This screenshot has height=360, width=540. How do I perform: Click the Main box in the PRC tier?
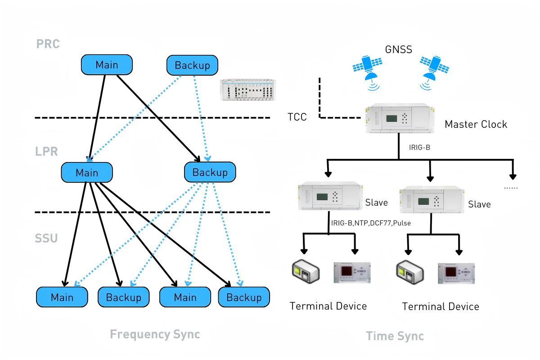(107, 65)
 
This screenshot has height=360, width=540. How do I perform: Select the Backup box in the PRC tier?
(192, 65)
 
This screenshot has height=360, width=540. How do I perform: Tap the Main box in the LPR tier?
(86, 173)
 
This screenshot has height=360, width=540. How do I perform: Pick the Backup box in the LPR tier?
(210, 172)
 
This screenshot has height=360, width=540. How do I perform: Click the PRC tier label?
(48, 44)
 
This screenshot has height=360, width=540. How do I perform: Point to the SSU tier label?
(47, 238)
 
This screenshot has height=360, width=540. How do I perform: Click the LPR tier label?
(47, 151)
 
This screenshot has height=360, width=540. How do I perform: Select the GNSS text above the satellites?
(398, 49)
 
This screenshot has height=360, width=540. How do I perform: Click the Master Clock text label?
(476, 124)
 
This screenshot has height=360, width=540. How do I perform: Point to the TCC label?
(297, 117)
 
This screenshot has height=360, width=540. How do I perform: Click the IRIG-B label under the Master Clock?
(419, 147)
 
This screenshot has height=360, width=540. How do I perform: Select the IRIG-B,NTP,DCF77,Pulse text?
(371, 223)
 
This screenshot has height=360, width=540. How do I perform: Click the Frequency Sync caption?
(155, 334)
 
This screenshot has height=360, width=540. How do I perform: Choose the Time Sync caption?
(395, 336)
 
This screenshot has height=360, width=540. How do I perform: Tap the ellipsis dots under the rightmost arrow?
(511, 187)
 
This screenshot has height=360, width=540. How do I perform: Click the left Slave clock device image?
(329, 196)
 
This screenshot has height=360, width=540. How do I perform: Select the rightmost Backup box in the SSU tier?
(244, 297)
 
